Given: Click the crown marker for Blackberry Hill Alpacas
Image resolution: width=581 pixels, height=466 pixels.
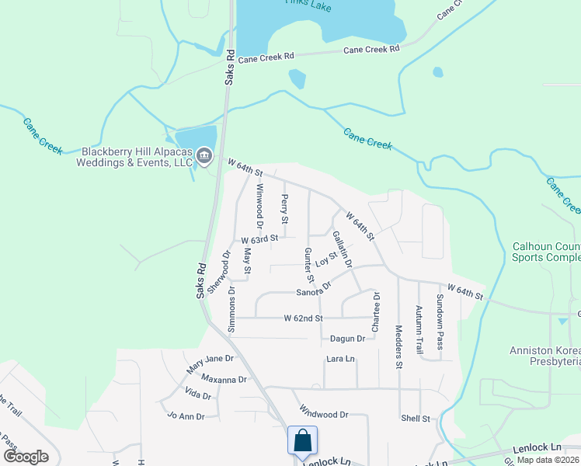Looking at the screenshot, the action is coord(204,156).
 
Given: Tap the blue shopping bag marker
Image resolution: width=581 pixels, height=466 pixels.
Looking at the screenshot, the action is coord(301,440).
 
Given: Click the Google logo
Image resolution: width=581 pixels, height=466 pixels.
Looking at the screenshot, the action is coord(25,457).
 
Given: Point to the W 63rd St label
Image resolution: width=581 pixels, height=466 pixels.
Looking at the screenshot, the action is coord(259,240).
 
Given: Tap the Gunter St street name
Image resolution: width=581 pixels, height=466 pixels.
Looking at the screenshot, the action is coord(308,265).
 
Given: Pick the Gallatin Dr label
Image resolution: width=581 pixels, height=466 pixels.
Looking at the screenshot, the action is coord(343,249).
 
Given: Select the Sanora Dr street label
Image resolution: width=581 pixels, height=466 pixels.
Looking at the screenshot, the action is coord(314,289).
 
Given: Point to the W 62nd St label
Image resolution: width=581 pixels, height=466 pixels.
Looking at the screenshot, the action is coord(302,318).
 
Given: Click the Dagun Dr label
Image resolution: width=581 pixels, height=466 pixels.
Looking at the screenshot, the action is coord(347,339).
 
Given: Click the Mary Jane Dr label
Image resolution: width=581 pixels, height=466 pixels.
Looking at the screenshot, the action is coord(210,363).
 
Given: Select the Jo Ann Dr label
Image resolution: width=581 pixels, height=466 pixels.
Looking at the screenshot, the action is coord(186,416).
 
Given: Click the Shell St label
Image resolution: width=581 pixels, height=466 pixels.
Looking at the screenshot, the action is coord(416,419).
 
